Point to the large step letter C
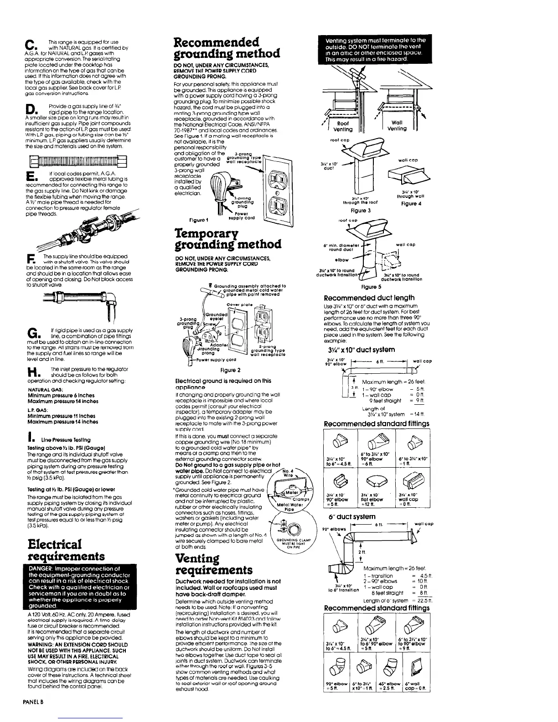pos(29,46)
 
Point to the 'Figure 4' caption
pos(411,203)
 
